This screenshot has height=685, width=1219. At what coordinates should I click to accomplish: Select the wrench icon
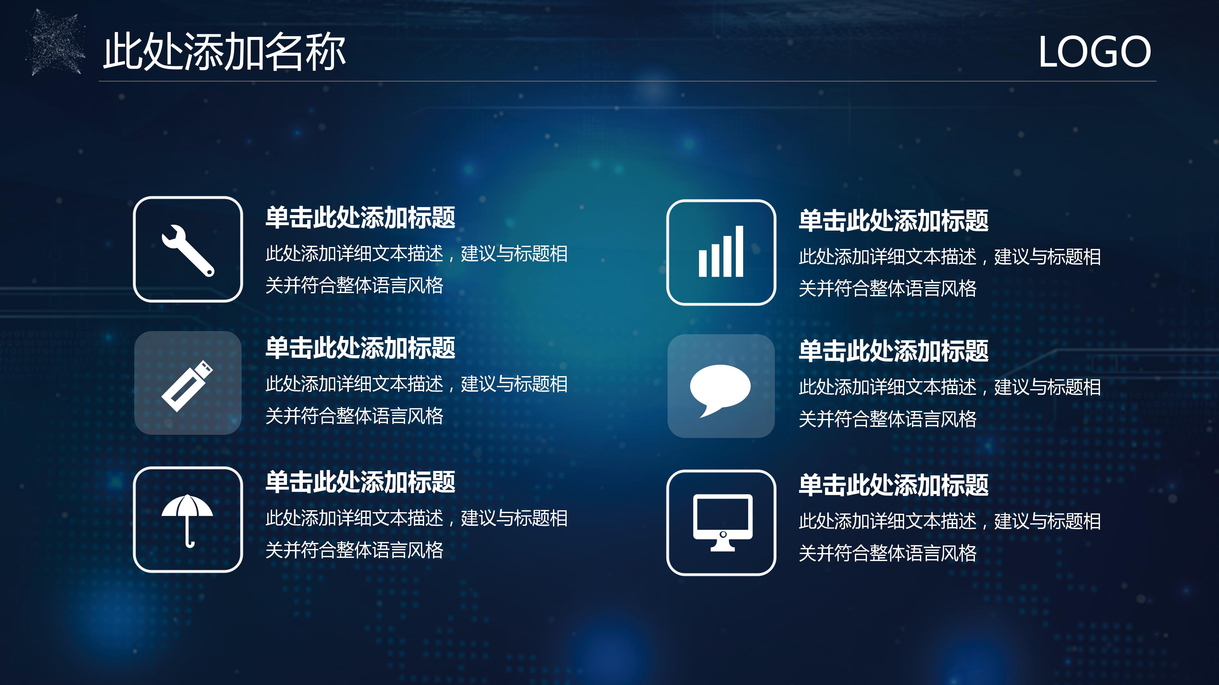[x=188, y=250]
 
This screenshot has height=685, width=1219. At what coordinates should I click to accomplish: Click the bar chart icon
[x=721, y=252]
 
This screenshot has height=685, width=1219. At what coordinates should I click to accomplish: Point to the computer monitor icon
[x=722, y=522]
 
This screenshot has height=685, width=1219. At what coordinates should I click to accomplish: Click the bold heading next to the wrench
[x=360, y=218]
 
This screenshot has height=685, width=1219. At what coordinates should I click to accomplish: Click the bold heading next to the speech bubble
[x=893, y=351]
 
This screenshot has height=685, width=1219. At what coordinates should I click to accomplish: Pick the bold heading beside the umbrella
[x=360, y=482]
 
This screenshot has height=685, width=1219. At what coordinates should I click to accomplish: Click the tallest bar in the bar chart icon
[x=739, y=251]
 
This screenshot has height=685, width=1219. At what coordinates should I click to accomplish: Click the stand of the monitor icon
[x=723, y=547]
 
